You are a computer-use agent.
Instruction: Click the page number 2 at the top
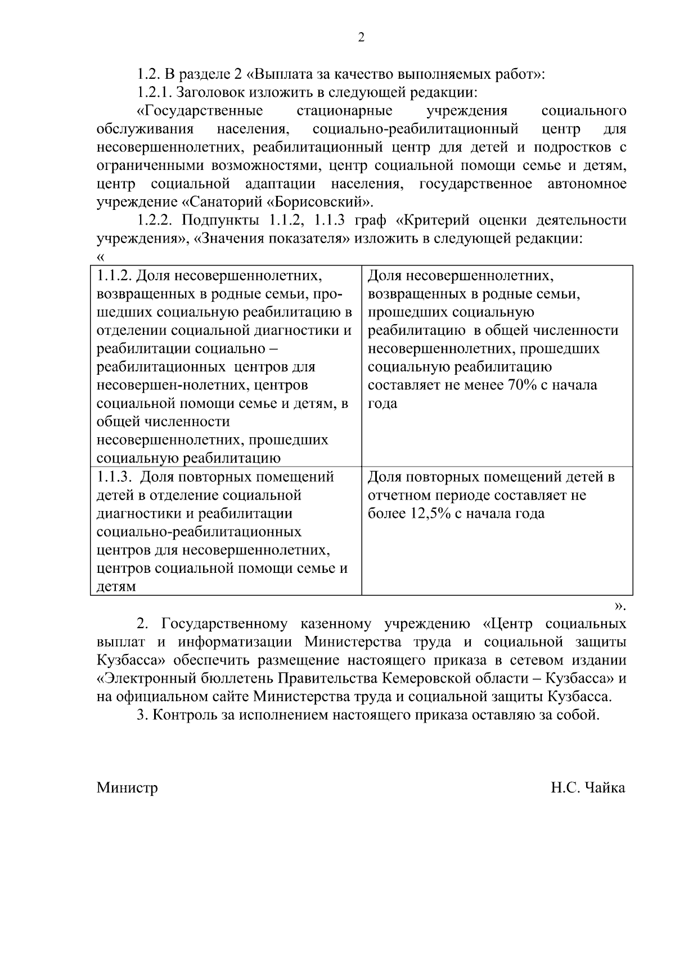point(361,38)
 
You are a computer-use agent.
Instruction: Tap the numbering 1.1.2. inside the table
point(114,276)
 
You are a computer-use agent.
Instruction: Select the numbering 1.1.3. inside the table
point(114,477)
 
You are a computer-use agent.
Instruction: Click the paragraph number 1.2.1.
point(155,92)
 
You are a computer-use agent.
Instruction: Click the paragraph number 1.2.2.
point(155,220)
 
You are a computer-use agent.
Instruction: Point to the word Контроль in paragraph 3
point(184,715)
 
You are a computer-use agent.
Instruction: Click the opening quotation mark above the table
point(101,257)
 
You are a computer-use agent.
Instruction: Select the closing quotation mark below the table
point(619,607)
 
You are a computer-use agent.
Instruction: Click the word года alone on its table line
point(382,403)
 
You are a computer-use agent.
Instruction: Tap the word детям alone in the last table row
point(116,587)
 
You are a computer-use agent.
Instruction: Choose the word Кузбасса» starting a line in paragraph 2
point(130,660)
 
